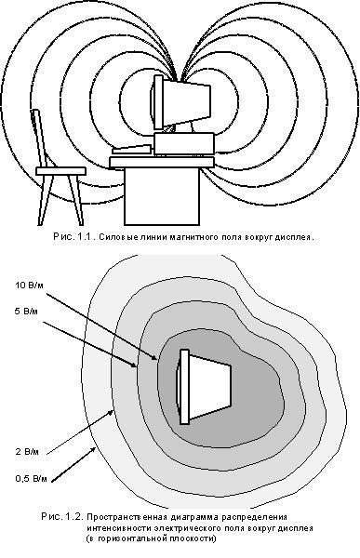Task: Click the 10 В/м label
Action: pyautogui.click(x=29, y=286)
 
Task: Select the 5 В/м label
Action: pyautogui.click(x=26, y=312)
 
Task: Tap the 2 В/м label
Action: pyautogui.click(x=27, y=452)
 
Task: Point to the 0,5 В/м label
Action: pyautogui.click(x=31, y=479)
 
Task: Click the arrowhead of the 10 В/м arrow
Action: pyautogui.click(x=154, y=358)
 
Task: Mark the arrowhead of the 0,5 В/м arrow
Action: pyautogui.click(x=93, y=449)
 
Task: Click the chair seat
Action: pyautogui.click(x=60, y=171)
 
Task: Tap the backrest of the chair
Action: pyautogui.click(x=39, y=139)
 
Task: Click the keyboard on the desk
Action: pyautogui.click(x=131, y=150)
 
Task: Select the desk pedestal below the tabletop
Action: pyautogui.click(x=162, y=196)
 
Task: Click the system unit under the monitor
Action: pyautogui.click(x=184, y=144)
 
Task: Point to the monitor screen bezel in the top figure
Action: pyautogui.click(x=158, y=102)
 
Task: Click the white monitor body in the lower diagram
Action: pyautogui.click(x=209, y=386)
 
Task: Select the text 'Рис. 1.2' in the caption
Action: pyautogui.click(x=62, y=516)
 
